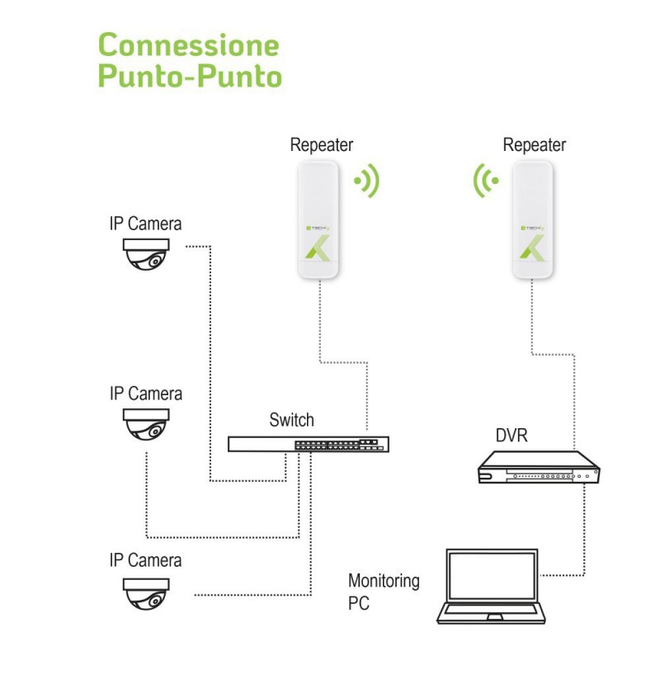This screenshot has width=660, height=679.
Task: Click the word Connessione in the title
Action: [x=188, y=45]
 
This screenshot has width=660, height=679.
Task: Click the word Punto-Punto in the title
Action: [x=190, y=76]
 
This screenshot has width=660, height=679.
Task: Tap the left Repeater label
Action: [x=322, y=145]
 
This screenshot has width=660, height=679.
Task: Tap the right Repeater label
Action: [x=534, y=145]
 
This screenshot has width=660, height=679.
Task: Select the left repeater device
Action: [x=318, y=219]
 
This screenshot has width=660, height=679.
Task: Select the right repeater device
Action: [x=532, y=219]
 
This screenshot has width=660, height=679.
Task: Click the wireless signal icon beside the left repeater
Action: [x=367, y=181]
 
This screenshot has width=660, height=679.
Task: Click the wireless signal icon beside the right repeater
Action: [x=486, y=181]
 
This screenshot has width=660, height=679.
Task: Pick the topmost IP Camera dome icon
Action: [x=146, y=254]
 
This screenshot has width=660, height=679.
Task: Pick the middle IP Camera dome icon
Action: [x=146, y=424]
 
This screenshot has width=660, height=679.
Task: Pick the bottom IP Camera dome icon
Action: [x=146, y=594]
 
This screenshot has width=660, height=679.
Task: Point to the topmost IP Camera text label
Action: [x=145, y=224]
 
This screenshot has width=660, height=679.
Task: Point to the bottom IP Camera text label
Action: [x=145, y=560]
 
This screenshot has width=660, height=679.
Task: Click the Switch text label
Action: [x=291, y=420]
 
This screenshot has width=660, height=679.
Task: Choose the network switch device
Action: [x=309, y=445]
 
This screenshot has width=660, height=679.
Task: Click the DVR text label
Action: [x=511, y=436]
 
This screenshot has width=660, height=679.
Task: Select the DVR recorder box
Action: [x=539, y=467]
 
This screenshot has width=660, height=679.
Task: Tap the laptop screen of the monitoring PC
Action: [x=492, y=576]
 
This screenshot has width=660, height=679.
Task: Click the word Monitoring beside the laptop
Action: [x=384, y=582]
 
